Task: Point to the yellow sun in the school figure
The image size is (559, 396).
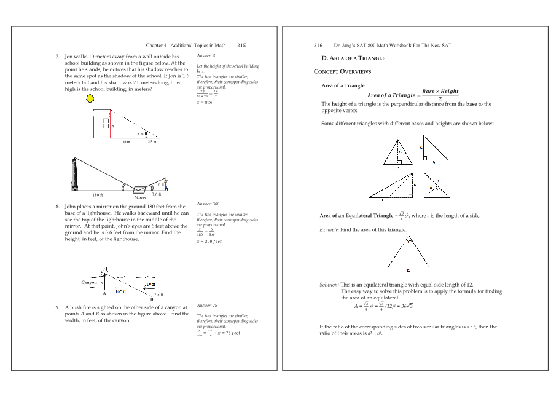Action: pyautogui.click(x=90, y=98)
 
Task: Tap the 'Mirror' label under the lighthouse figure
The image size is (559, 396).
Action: pyautogui.click(x=141, y=198)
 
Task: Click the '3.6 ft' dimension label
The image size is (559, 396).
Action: pyautogui.click(x=156, y=194)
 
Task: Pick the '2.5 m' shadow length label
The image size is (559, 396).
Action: pyautogui.click(x=152, y=142)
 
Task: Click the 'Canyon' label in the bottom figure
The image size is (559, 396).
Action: pyautogui.click(x=90, y=282)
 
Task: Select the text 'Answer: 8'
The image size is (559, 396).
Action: pyautogui.click(x=205, y=56)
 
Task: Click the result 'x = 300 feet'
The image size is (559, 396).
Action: pyautogui.click(x=209, y=242)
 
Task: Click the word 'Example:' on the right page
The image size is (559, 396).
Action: pyautogui.click(x=330, y=229)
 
